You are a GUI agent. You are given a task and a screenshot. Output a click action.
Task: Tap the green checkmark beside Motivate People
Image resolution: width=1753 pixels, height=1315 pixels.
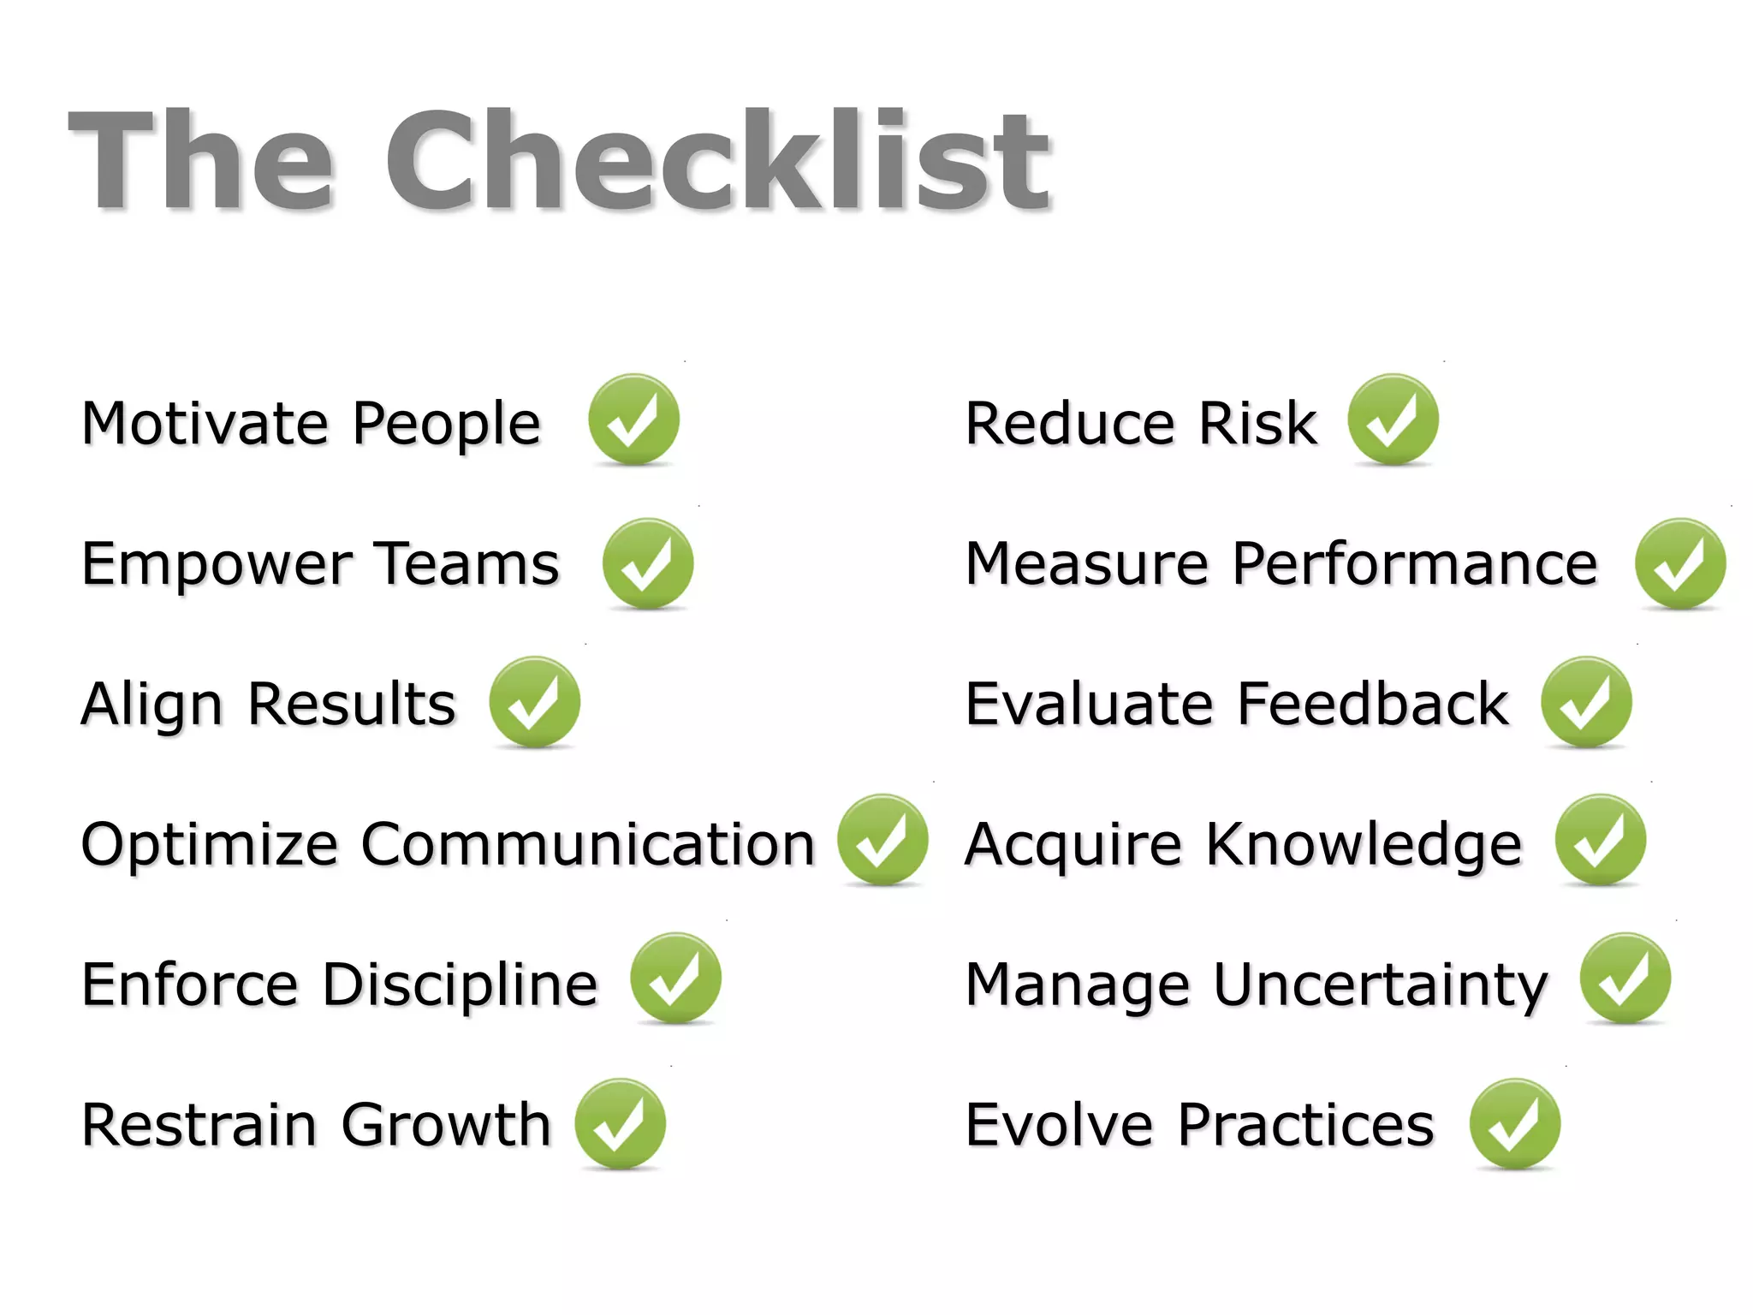pyautogui.click(x=633, y=419)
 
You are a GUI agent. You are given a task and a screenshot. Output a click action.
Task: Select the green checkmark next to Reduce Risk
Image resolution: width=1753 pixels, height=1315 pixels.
pyautogui.click(x=1393, y=419)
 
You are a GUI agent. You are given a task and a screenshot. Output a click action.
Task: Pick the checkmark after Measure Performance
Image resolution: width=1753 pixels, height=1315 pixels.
pyautogui.click(x=1679, y=563)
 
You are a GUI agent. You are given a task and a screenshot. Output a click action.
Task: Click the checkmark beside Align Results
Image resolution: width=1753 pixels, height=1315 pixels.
pyautogui.click(x=534, y=702)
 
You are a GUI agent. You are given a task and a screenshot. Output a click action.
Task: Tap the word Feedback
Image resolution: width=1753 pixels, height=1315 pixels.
pyautogui.click(x=1373, y=704)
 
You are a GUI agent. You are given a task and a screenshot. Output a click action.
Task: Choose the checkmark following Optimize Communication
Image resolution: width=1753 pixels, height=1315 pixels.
pyautogui.click(x=882, y=840)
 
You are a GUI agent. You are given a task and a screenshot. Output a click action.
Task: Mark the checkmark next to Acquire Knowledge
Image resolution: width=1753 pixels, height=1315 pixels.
pyautogui.click(x=1600, y=840)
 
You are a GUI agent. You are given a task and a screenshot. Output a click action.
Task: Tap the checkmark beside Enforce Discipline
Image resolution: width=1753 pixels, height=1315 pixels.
pyautogui.click(x=675, y=979)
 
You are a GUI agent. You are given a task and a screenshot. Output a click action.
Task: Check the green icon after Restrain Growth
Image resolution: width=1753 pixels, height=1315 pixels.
pyautogui.click(x=620, y=1124)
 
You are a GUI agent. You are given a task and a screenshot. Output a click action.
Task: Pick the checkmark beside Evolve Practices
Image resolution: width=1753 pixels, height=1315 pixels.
pyautogui.click(x=1514, y=1124)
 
